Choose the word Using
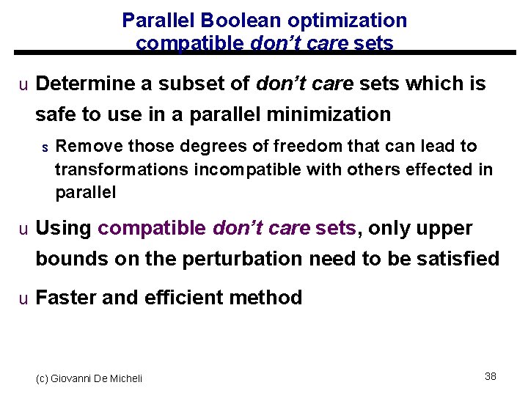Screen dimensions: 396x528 [63, 229]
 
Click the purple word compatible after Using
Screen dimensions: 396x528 [152, 229]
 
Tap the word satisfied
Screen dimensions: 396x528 [455, 259]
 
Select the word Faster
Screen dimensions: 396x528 [67, 298]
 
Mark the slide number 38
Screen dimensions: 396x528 [491, 376]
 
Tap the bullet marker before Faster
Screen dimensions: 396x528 [23, 298]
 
